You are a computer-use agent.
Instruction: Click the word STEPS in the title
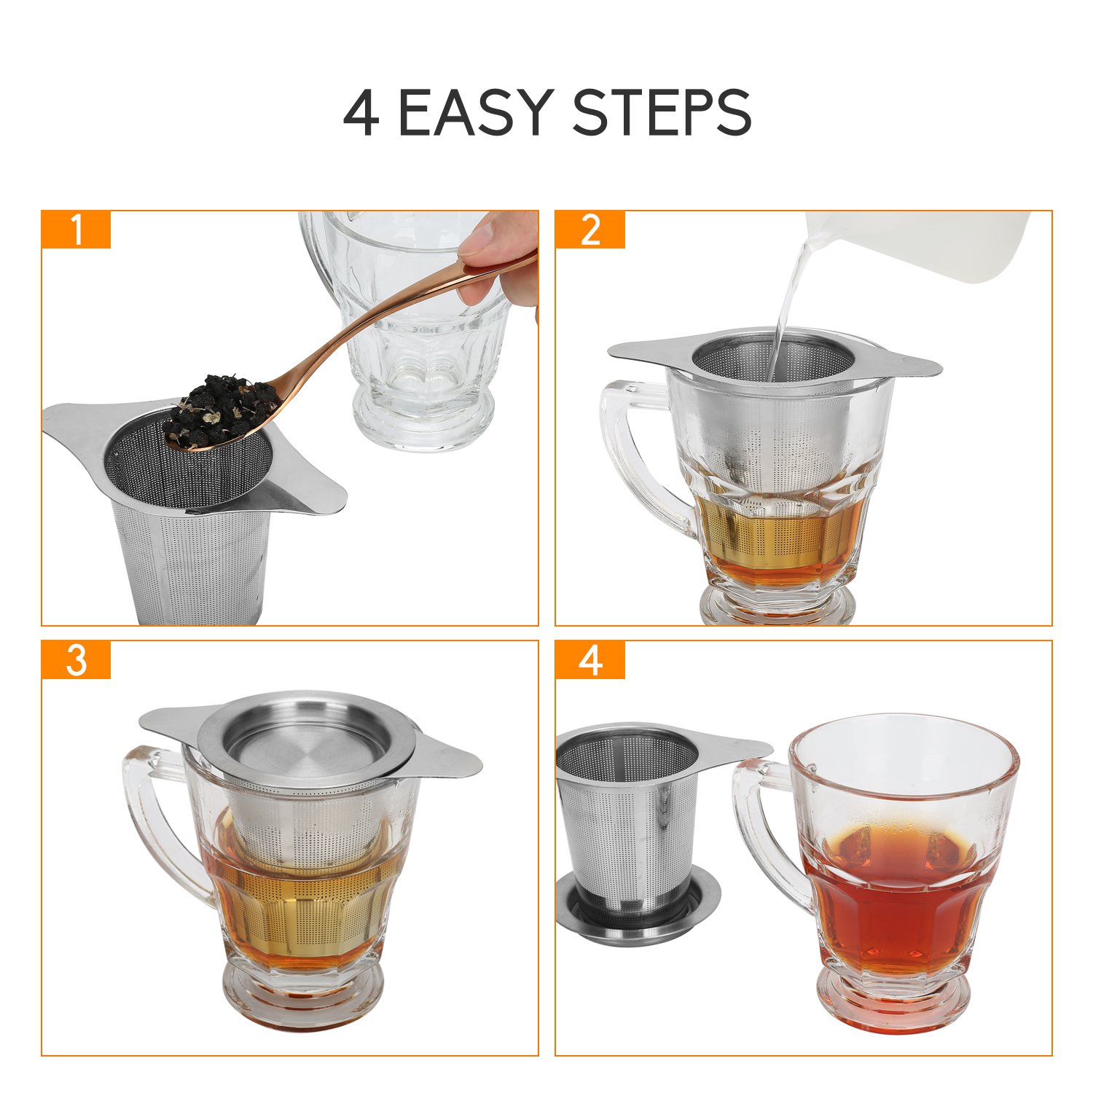point(662,113)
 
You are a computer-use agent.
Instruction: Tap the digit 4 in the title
point(361,114)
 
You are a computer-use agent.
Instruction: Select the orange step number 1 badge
point(76,230)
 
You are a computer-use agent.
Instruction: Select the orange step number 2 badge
point(590,230)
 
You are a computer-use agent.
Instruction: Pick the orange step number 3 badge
point(76,660)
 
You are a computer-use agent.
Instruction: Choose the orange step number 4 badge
point(590,660)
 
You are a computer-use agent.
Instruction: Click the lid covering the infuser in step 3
point(306,743)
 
